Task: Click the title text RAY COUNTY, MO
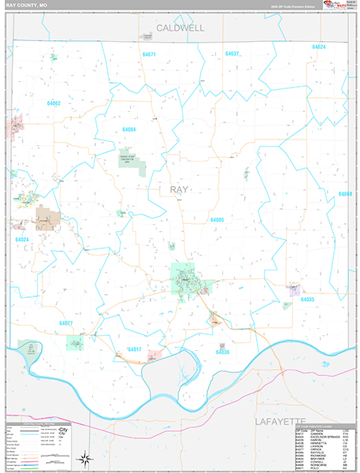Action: click(26, 5)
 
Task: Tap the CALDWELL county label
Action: click(180, 28)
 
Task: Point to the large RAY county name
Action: click(180, 189)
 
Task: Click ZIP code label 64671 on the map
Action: click(149, 54)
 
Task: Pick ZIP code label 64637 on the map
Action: click(232, 54)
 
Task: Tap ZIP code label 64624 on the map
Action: click(318, 47)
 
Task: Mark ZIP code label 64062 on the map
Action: click(54, 103)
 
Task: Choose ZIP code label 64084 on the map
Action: click(129, 128)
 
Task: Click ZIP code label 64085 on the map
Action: click(217, 220)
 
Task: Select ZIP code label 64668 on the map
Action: click(345, 193)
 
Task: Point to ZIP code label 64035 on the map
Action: click(307, 300)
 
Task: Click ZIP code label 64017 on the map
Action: click(134, 349)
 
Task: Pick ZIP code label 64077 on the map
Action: click(65, 323)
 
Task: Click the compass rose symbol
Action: click(84, 458)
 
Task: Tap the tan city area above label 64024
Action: click(46, 217)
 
